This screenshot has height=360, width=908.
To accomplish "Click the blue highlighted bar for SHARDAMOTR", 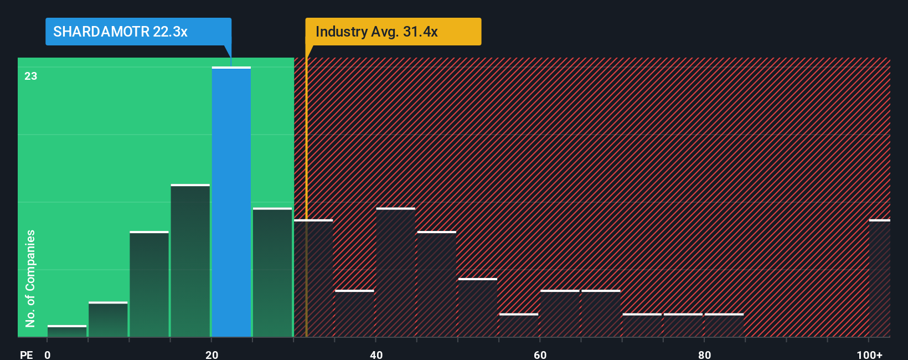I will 231,202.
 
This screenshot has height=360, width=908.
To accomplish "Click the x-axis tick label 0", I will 48,354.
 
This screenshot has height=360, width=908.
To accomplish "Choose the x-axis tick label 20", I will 211,354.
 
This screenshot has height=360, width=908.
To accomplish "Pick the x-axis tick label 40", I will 376,354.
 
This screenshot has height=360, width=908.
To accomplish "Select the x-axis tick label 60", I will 540,354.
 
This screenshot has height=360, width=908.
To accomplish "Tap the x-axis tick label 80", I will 704,354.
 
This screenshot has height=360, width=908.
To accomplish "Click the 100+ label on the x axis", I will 869,354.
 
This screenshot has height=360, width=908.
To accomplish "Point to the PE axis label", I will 27,354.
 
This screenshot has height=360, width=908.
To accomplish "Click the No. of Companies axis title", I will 30,278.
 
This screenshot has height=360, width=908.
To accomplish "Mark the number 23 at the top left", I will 31,76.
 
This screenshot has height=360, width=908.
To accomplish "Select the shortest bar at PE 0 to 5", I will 67,331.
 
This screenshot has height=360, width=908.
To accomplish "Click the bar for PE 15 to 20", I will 190,260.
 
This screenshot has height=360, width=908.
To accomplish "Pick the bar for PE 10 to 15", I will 149,284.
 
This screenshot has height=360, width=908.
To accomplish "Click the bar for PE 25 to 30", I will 272,272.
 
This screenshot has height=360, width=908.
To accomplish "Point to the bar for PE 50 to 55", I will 478,307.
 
